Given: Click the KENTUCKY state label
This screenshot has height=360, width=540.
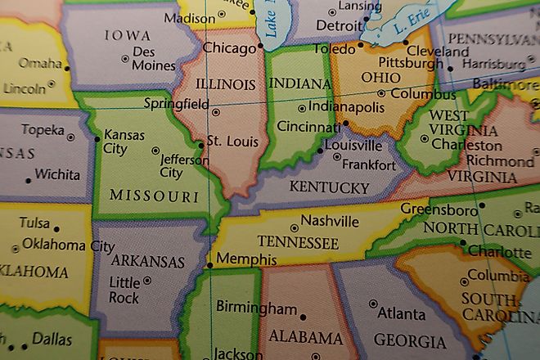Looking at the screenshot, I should [x=329, y=188].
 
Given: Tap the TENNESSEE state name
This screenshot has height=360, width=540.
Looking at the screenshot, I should [x=298, y=242].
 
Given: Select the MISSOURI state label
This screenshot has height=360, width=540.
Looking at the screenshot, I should [x=154, y=196].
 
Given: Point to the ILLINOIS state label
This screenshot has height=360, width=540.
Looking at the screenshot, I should [x=224, y=83].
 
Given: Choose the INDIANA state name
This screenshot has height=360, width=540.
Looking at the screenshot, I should [x=299, y=83].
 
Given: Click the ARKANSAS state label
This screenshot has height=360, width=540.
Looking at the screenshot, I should [x=147, y=262].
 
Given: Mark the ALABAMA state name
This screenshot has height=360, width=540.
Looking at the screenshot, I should [x=305, y=337].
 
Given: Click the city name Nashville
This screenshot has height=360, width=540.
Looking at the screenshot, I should [x=330, y=221].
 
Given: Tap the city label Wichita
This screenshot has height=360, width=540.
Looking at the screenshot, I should [x=57, y=174].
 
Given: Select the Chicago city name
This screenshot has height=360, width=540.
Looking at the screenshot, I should [x=230, y=48].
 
